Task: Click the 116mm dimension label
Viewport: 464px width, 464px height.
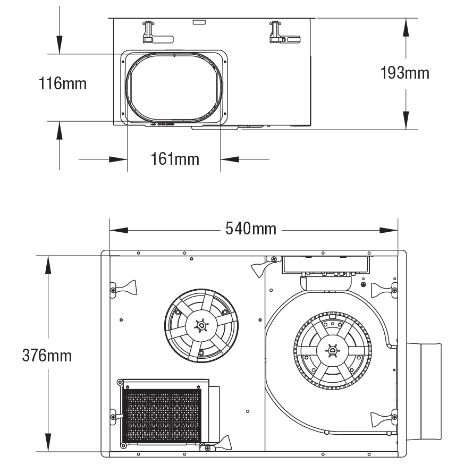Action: point(63,83)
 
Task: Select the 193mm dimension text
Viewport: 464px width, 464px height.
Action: point(404,73)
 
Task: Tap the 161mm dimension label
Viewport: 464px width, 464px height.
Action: point(175,158)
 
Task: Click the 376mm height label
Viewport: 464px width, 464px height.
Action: point(47,355)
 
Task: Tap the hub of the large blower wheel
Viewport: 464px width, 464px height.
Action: point(332,350)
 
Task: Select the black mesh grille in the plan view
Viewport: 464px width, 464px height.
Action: point(162,416)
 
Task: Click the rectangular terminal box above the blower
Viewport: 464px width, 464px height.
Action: point(325,264)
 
